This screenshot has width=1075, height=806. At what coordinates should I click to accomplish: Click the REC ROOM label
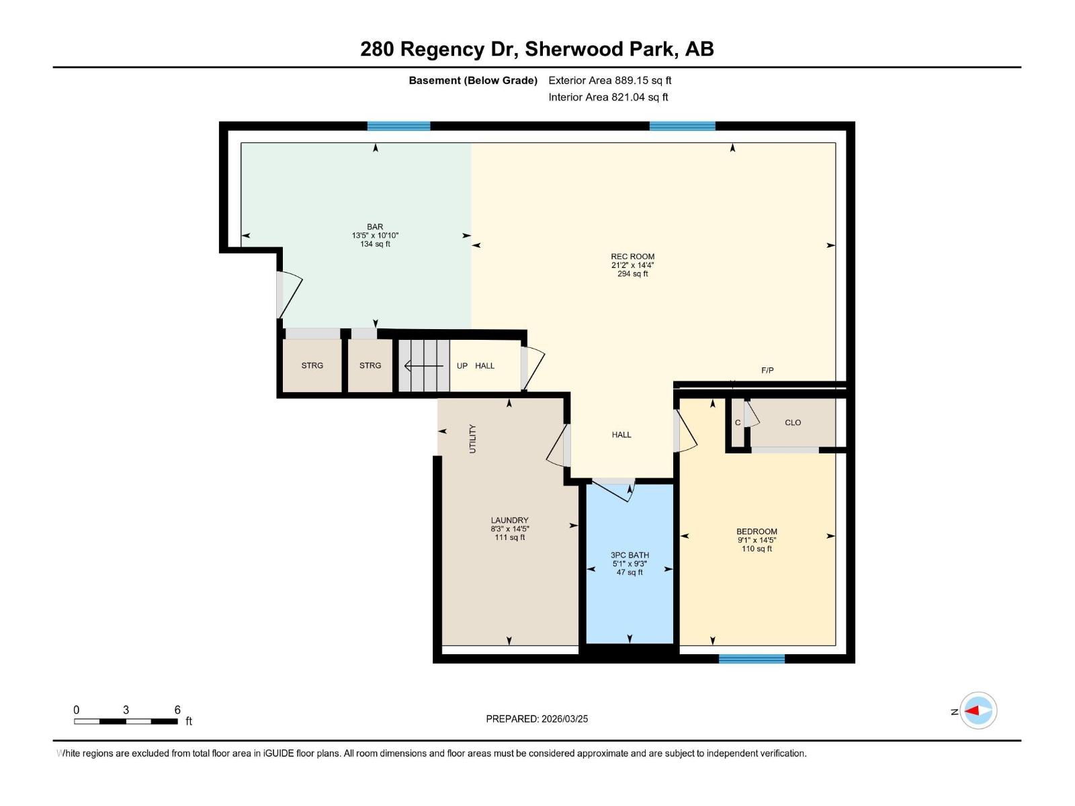click(x=632, y=257)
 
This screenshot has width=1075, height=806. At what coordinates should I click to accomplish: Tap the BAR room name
click(x=375, y=227)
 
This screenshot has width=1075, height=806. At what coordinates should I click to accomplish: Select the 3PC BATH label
click(x=630, y=555)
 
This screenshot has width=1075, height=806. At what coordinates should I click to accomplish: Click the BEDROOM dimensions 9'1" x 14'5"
click(x=757, y=540)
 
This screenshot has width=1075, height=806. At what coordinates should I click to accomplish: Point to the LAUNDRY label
click(x=509, y=521)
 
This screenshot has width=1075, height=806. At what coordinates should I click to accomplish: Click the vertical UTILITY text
click(x=472, y=439)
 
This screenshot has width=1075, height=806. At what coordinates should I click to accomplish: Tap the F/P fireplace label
click(x=767, y=371)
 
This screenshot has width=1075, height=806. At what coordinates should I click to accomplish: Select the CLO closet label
click(x=793, y=422)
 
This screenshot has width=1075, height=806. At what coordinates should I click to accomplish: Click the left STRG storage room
click(x=312, y=366)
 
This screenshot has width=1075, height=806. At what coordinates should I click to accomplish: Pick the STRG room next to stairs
click(x=370, y=366)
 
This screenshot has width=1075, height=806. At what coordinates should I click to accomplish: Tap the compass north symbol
click(x=978, y=711)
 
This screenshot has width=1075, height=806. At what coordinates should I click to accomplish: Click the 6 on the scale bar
click(x=177, y=710)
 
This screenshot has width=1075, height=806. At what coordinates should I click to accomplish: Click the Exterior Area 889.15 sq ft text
click(x=609, y=81)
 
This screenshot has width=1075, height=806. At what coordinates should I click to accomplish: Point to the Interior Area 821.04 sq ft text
click(x=608, y=97)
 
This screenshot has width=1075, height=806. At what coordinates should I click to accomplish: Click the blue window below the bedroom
click(x=751, y=659)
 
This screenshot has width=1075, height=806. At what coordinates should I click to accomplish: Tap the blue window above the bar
click(x=398, y=126)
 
